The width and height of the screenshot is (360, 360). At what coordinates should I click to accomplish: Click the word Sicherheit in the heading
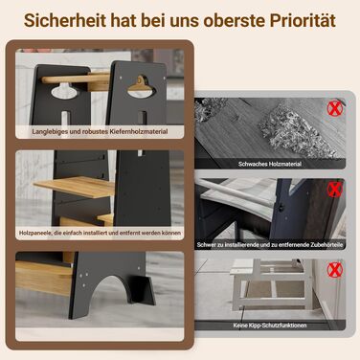65,20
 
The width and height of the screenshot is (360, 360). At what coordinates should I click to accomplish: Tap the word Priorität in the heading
303,20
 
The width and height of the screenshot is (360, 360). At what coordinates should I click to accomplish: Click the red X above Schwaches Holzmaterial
334,109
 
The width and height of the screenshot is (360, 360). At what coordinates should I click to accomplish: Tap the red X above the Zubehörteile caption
334,190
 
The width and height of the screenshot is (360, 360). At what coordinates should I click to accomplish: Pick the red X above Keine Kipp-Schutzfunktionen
334,270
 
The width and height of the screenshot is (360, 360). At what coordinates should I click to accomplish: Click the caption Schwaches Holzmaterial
270,164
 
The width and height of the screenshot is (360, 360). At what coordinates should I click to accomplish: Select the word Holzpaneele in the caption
35,233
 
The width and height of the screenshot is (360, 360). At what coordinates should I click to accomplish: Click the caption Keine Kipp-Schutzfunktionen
270,326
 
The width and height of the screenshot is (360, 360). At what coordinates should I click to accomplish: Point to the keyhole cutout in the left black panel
64,91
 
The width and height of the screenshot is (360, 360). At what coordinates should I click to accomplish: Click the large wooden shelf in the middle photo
75,186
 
